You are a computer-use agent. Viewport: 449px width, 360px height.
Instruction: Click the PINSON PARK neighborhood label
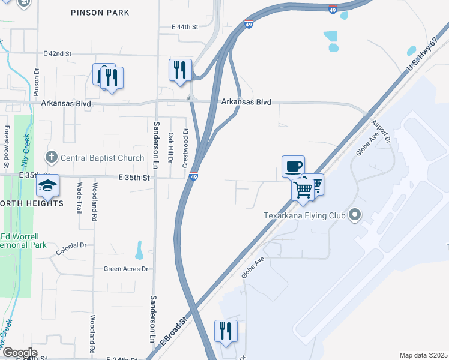pyautogui.click(x=100, y=12)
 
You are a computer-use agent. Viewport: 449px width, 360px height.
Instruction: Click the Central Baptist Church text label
pyautogui.click(x=103, y=158)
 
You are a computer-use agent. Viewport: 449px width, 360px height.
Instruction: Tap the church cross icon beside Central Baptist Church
pyautogui.click(x=52, y=158)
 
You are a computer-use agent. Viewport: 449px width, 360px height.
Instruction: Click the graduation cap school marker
pyautogui.click(x=48, y=187)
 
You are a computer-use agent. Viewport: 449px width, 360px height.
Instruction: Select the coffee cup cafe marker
pyautogui.click(x=293, y=167)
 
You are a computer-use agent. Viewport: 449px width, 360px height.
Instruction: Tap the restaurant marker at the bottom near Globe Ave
pyautogui.click(x=226, y=331)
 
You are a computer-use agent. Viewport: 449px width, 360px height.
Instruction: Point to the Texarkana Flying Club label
pyautogui.click(x=305, y=215)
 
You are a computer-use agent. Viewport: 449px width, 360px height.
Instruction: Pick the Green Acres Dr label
pyautogui.click(x=125, y=269)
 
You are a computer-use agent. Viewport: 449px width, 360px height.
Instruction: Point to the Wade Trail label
pyautogui.click(x=79, y=197)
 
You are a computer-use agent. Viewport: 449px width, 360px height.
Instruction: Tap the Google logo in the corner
pyautogui.click(x=19, y=352)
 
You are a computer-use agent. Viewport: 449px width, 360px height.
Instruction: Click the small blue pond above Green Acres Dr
pyautogui.click(x=139, y=249)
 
